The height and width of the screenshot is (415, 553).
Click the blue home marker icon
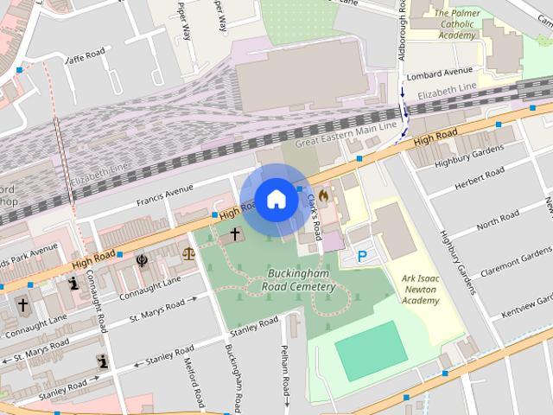pyautogui.click(x=276, y=199)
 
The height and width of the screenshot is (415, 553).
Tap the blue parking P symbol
pyautogui.click(x=362, y=256)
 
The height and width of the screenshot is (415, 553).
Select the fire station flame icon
pyautogui.click(x=324, y=196)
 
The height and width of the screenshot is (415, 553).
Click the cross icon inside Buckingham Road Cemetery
pyautogui.click(x=234, y=234)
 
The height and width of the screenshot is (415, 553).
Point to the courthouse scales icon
pyautogui.click(x=188, y=254)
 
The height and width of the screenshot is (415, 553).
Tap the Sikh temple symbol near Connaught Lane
pyautogui.click(x=142, y=259)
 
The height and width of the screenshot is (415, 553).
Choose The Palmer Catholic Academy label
pyautogui.click(x=454, y=24)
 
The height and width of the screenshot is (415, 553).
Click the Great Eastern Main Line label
pyautogui.click(x=346, y=135)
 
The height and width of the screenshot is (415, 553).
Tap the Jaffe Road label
pyautogui.click(x=86, y=56)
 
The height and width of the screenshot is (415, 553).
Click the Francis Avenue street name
pyautogui.click(x=164, y=196)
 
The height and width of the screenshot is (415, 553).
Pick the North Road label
pyautogui.click(x=498, y=220)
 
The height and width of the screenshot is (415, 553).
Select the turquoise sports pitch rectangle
pyautogui.click(x=369, y=350)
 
